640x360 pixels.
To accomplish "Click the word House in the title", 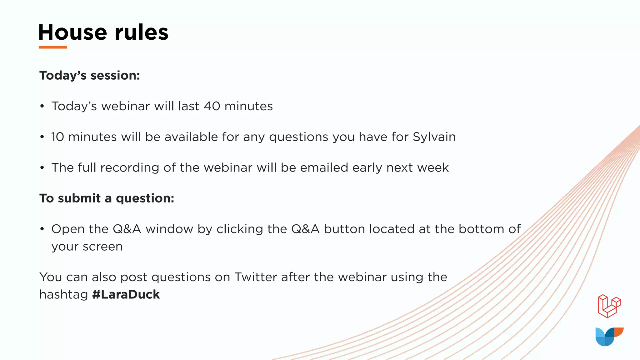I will (x=72, y=32).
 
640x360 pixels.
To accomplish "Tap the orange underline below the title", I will (x=53, y=47).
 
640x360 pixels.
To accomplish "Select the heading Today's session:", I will (x=90, y=76).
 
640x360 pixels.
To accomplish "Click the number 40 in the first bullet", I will (x=212, y=106).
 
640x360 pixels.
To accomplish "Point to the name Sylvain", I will (x=434, y=137).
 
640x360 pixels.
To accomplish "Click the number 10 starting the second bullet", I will (x=57, y=137).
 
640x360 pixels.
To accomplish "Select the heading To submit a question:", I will (x=107, y=198).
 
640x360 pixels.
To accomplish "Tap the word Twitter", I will (x=256, y=277).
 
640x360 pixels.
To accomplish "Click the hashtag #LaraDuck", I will (x=126, y=294).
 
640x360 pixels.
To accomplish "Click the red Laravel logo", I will (x=609, y=306).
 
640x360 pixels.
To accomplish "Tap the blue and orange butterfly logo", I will (x=609, y=337).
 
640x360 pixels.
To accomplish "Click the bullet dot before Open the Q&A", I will (x=42, y=229).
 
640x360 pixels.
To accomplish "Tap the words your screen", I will (x=87, y=247).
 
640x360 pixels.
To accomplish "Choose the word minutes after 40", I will (x=248, y=106).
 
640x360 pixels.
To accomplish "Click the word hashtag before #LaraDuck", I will (x=63, y=294).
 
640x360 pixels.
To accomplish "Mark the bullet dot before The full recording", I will (x=42, y=168).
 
